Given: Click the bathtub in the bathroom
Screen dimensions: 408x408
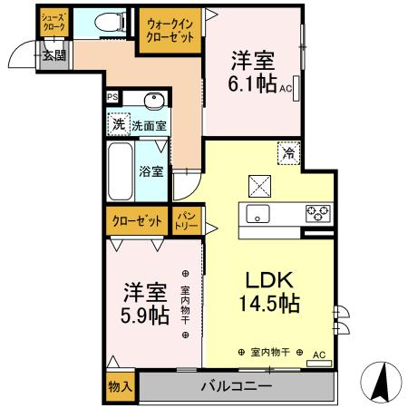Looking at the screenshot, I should pos(120,172).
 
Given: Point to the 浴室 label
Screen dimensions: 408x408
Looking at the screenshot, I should pos(151,170).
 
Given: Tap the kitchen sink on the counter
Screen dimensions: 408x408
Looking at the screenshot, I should pos(256,215).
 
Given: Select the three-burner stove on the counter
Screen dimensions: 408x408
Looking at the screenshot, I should pos(317,214).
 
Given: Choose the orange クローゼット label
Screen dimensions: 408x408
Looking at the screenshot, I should pos(138,220).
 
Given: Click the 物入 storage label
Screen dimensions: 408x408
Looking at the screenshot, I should pos(121,387).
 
